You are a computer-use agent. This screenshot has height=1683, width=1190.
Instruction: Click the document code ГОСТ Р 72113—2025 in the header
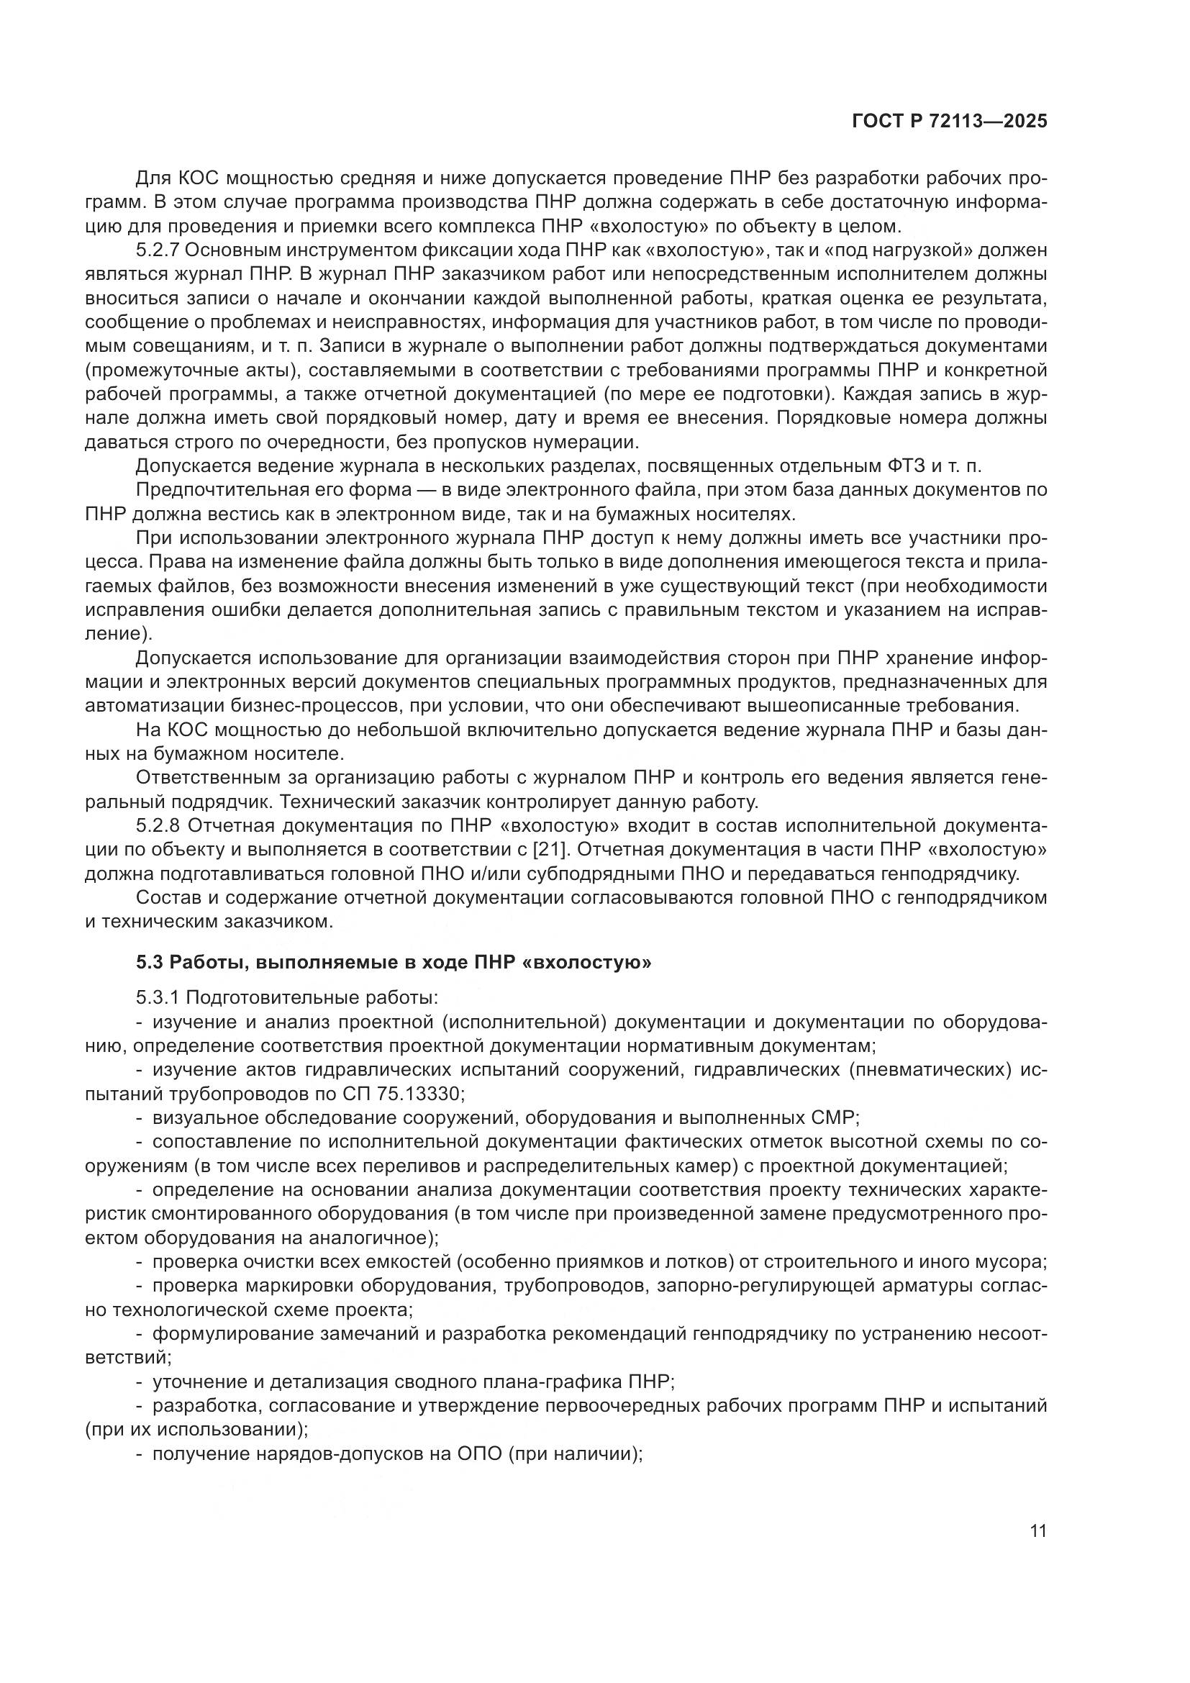tap(950, 122)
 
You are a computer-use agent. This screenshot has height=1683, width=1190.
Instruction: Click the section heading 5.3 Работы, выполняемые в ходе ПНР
tap(394, 963)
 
